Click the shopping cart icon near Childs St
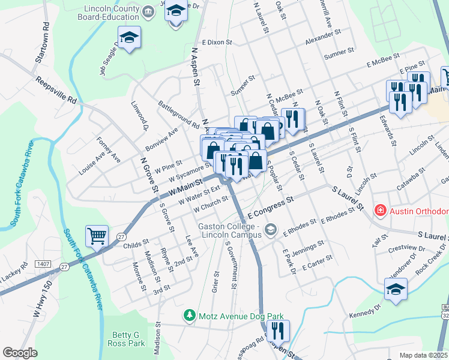coord(97,236)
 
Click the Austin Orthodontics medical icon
coord(380,211)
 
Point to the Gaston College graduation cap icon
coord(271,229)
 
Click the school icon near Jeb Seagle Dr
coord(129,37)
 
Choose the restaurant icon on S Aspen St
coord(277,330)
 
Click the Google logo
coord(20,352)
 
